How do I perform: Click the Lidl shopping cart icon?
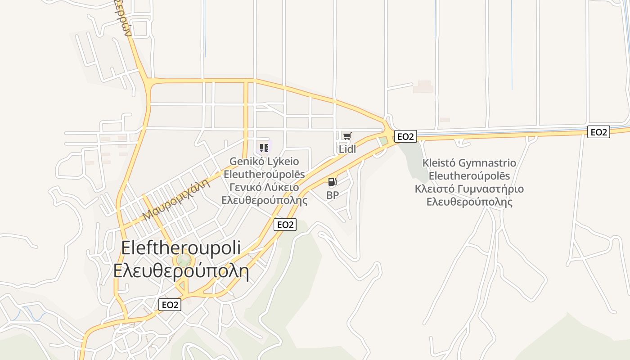346,136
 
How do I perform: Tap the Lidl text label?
347,149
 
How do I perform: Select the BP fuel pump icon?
332,182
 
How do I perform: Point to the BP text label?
333,195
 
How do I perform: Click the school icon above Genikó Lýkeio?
264,147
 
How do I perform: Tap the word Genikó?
248,162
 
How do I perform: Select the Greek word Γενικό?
247,188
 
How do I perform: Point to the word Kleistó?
439,163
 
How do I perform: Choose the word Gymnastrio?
487,163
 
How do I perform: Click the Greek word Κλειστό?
433,189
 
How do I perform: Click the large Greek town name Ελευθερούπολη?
181,271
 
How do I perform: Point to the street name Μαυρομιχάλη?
176,199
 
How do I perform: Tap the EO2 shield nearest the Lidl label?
405,136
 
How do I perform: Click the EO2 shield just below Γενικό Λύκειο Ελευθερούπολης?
285,225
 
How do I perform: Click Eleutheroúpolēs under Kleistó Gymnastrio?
469,176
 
